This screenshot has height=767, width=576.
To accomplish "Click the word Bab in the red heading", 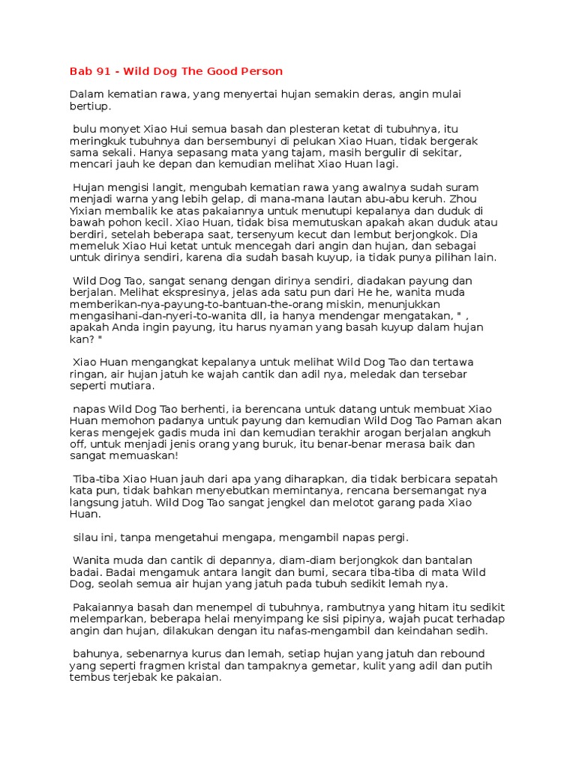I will [79, 71].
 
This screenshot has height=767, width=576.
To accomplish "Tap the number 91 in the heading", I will [104, 71].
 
